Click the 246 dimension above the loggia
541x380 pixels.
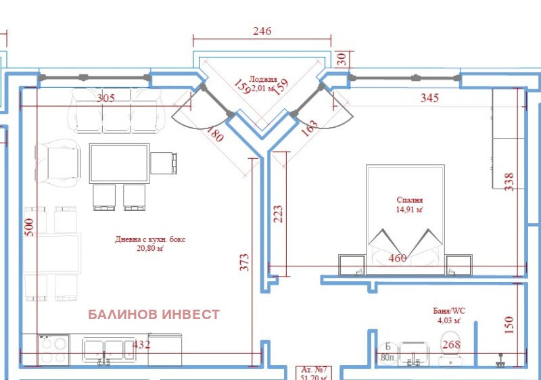(x=262, y=31)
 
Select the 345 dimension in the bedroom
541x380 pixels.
(x=429, y=98)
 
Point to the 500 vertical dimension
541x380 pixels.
(x=28, y=227)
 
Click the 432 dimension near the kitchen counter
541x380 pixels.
(x=141, y=345)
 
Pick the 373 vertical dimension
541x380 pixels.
(x=244, y=262)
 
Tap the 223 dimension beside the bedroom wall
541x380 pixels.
(x=277, y=214)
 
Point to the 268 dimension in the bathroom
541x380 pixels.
(x=451, y=345)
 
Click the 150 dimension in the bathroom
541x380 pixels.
(x=510, y=325)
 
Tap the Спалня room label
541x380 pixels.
(x=410, y=200)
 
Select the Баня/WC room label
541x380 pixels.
(x=448, y=311)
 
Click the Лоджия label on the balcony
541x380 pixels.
(x=263, y=79)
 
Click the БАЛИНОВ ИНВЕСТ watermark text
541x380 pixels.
(x=154, y=314)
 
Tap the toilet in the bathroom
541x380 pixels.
(x=449, y=345)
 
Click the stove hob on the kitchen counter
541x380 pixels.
(x=53, y=350)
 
